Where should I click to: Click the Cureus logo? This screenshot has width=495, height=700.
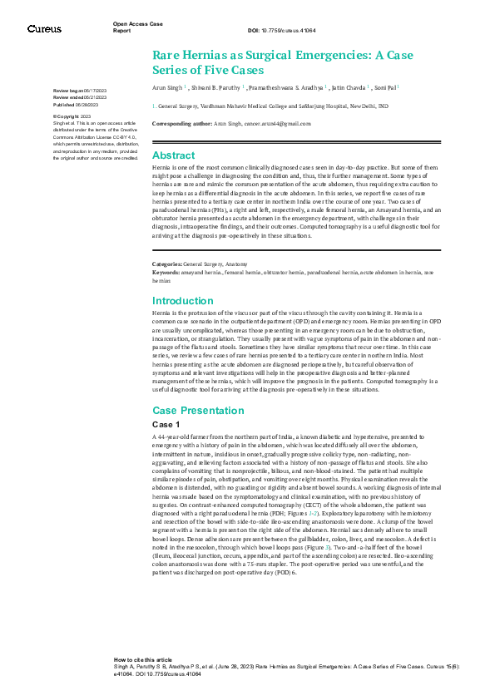(44, 29)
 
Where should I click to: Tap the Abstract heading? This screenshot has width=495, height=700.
(174, 155)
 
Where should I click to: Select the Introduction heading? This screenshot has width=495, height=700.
(183, 300)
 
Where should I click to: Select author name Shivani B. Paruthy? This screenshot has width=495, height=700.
(219, 86)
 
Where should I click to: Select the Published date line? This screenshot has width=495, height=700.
(75, 106)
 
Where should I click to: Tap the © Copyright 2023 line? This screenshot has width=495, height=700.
(72, 116)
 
